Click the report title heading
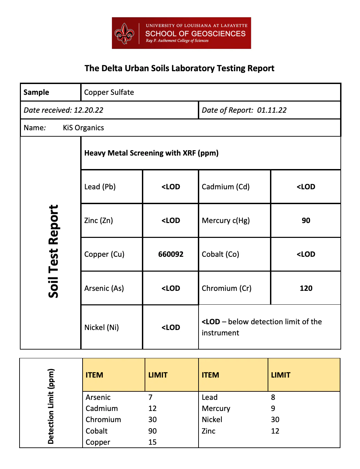coord(179,68)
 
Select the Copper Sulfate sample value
coord(109,92)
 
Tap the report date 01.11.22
coord(272,110)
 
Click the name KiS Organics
coord(83,128)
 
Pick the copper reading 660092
coord(171,254)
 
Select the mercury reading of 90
coord(306,221)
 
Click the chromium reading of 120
coord(306,288)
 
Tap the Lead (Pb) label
coord(100,187)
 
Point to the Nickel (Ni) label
coord(101,328)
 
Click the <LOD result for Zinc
coord(171,221)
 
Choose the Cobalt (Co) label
coord(220,254)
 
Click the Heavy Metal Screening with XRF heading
coord(151,153)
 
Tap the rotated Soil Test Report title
coord(53,251)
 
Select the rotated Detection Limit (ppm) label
coord(51,406)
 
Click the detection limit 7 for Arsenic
coord(150,397)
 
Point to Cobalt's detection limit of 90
coord(152,431)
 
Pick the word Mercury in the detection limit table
coord(216,409)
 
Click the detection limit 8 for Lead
coord(273,397)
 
